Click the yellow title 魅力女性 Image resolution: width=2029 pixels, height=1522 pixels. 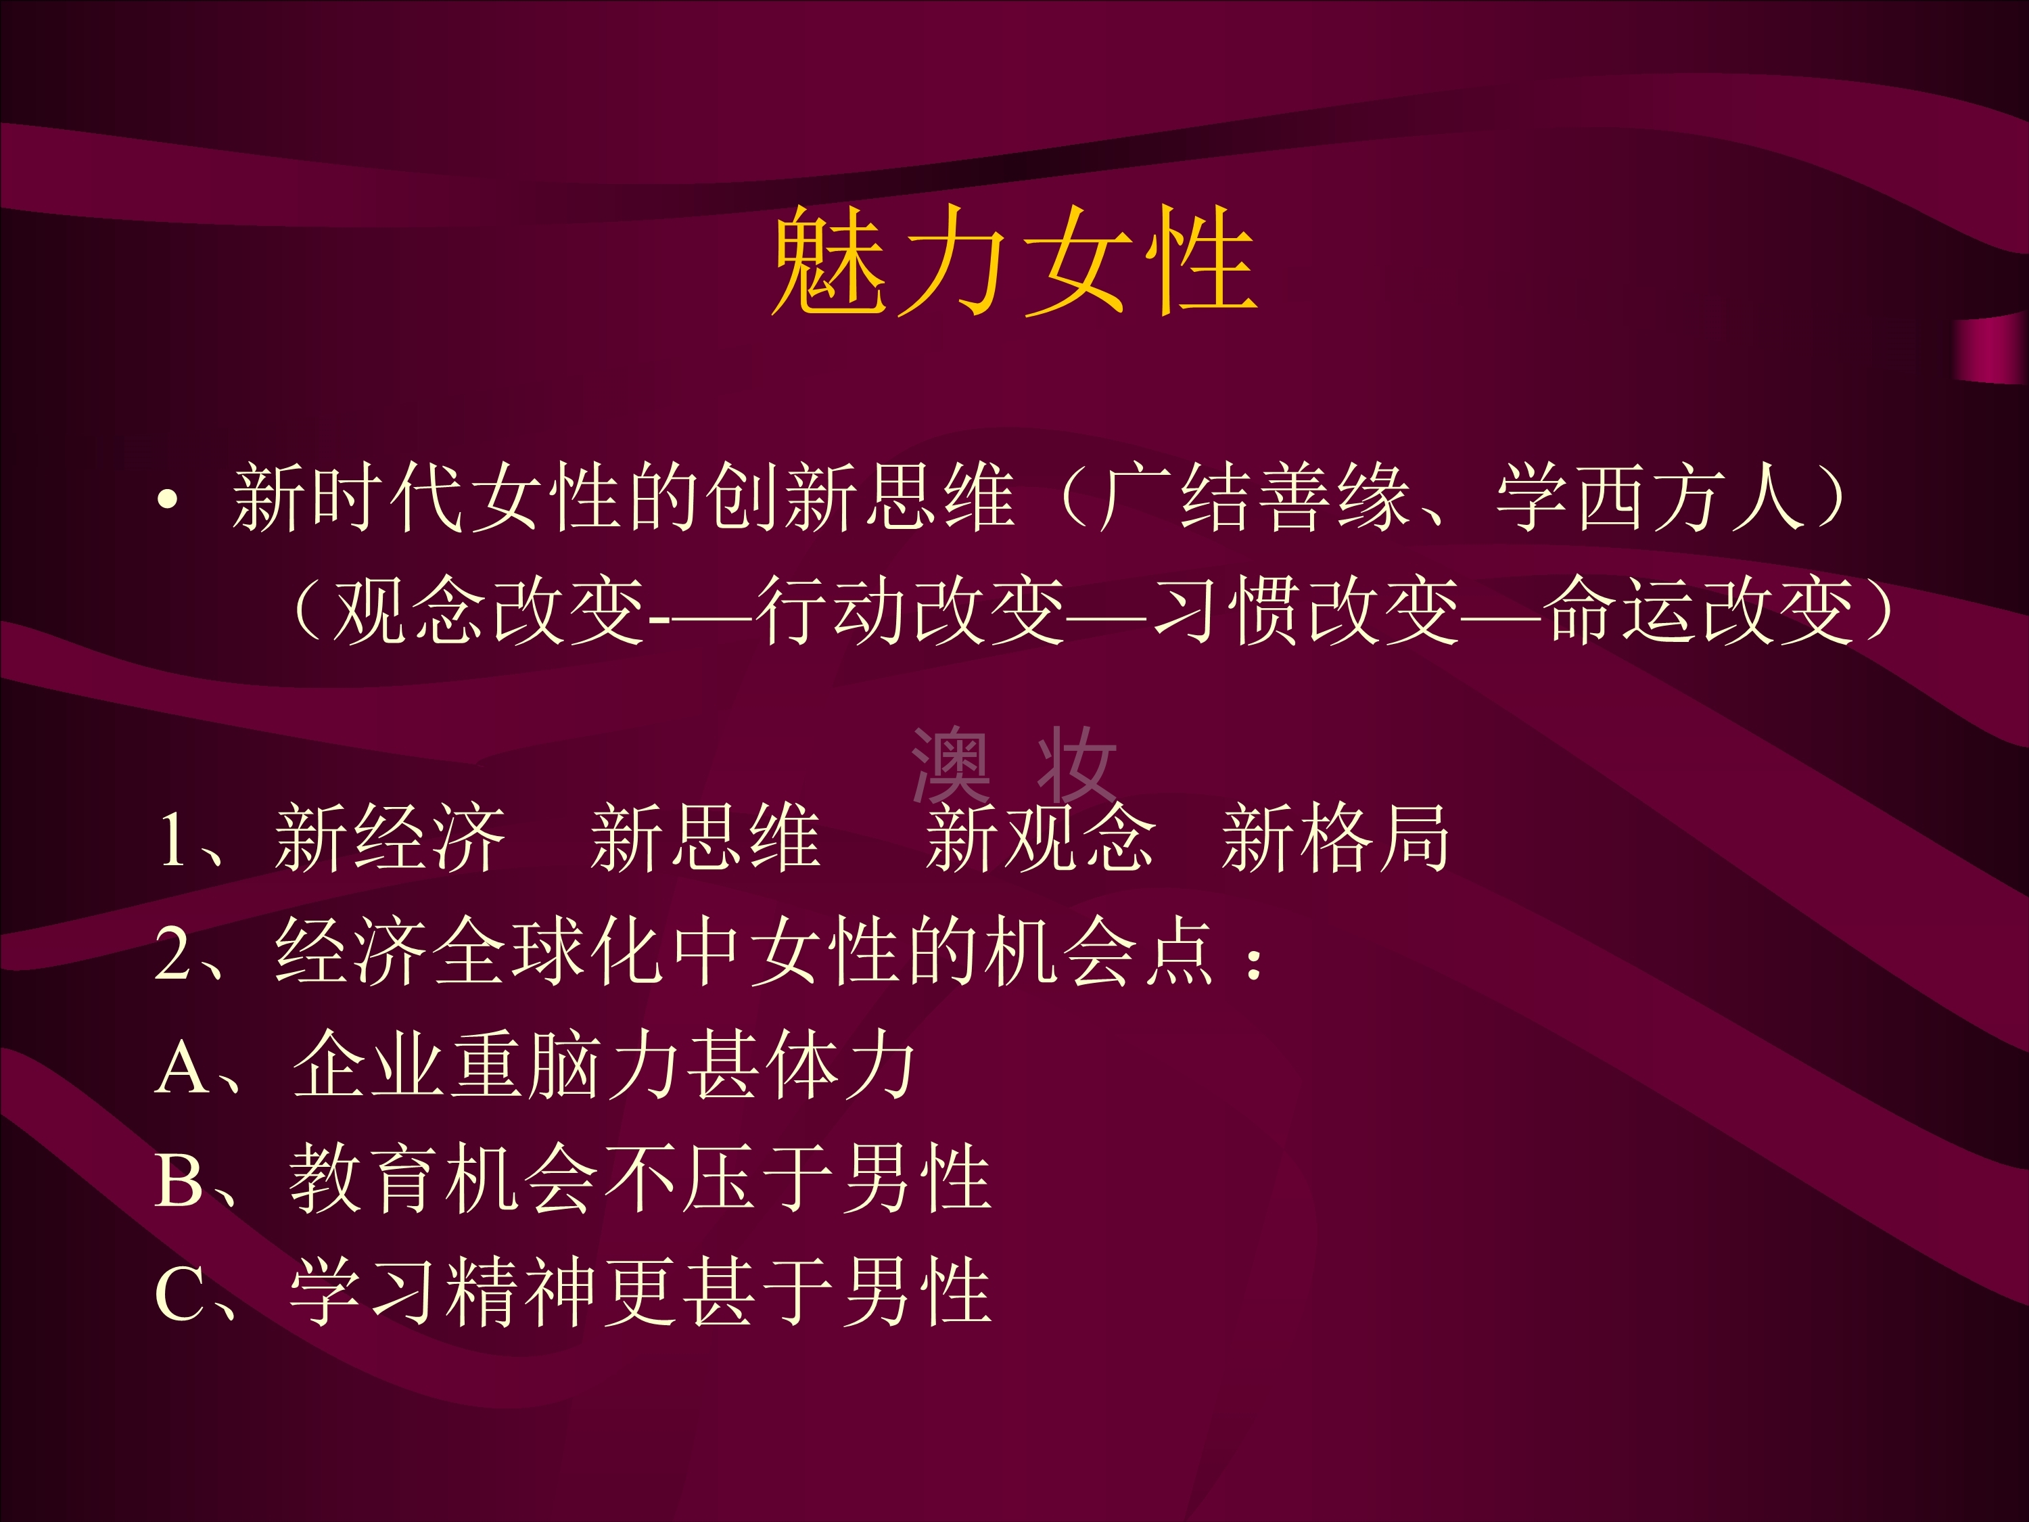(1014, 260)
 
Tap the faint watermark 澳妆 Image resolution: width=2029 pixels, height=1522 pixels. (1014, 765)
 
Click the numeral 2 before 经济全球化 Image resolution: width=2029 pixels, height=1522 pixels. (173, 953)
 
